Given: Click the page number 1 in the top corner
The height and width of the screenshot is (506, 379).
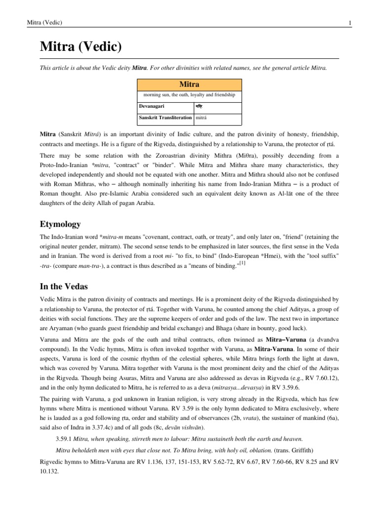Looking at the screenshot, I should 349,23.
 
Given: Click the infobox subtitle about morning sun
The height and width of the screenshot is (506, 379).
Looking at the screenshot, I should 190,94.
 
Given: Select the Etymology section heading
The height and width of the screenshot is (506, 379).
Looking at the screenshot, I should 60,225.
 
